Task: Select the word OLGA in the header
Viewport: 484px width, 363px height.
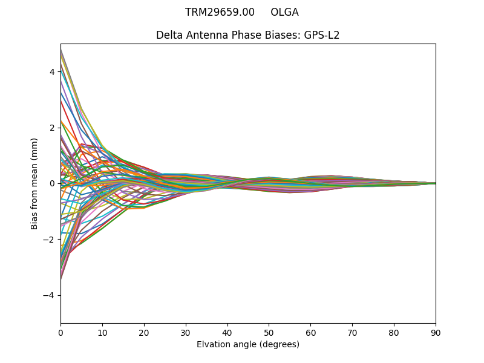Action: [x=284, y=12]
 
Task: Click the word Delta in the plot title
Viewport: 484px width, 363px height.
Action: [x=169, y=35]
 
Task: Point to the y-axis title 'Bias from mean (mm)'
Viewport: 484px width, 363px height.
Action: [x=34, y=183]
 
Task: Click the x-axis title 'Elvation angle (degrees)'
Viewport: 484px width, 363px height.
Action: [x=248, y=344]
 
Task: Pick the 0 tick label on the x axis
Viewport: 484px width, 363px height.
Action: [x=60, y=332]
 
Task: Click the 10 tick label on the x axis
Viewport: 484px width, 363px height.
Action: [x=102, y=332]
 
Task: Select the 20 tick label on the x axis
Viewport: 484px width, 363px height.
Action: [x=144, y=332]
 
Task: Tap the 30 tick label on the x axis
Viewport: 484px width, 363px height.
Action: [x=186, y=332]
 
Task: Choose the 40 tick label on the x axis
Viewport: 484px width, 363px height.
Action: [x=227, y=332]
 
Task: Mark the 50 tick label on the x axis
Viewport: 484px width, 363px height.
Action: [x=269, y=332]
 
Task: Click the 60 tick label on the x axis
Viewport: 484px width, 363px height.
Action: [x=310, y=332]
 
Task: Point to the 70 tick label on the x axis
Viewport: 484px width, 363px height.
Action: [x=352, y=332]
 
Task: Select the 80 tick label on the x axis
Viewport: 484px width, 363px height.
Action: [x=394, y=332]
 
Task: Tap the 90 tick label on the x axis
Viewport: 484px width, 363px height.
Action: [x=436, y=332]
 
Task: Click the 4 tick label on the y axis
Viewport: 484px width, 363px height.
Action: [x=52, y=72]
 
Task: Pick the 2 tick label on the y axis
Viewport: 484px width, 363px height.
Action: [x=52, y=128]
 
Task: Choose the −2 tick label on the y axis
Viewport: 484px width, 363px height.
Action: [x=50, y=239]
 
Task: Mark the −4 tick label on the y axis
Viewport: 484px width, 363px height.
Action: [x=50, y=295]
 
